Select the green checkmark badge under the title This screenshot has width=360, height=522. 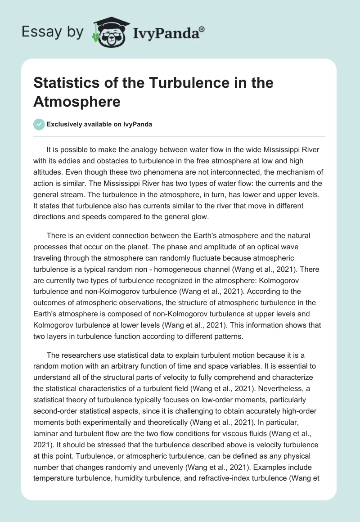tap(39, 124)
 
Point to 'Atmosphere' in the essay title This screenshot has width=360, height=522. tap(77, 102)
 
